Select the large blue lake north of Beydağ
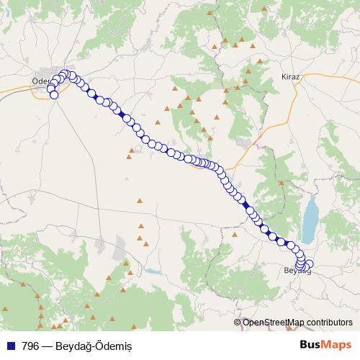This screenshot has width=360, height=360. click(x=312, y=220)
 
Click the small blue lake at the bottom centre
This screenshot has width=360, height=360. click(x=152, y=272)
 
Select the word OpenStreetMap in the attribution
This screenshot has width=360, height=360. click(x=273, y=323)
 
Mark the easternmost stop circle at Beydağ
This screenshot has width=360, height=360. click(x=310, y=264)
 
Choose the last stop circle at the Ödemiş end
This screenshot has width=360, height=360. click(x=54, y=94)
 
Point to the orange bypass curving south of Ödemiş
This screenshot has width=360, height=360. click(x=29, y=89)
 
